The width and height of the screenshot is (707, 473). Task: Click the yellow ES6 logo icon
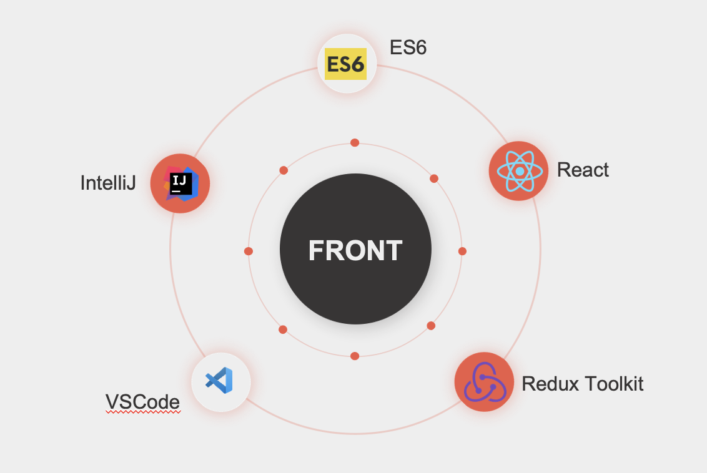(x=345, y=64)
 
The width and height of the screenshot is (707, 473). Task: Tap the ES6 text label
(x=408, y=47)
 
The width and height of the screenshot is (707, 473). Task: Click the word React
(x=583, y=170)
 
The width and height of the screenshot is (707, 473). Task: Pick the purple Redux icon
(x=484, y=383)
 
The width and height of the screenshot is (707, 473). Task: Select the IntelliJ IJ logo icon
(x=180, y=183)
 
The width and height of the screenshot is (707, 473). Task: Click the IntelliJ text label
(x=108, y=183)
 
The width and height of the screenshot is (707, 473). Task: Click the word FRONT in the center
(x=355, y=250)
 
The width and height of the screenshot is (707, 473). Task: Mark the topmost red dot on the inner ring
(x=355, y=143)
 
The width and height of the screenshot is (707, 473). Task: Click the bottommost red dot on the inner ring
(x=355, y=356)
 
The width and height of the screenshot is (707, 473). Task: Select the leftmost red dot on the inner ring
(x=249, y=251)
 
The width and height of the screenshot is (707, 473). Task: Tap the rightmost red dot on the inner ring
(x=462, y=251)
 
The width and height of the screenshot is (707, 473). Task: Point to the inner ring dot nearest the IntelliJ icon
(x=284, y=170)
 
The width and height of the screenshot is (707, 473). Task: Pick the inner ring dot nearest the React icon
(x=434, y=178)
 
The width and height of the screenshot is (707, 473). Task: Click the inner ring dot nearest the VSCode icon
(x=283, y=329)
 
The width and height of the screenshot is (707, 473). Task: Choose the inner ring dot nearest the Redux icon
(x=431, y=326)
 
